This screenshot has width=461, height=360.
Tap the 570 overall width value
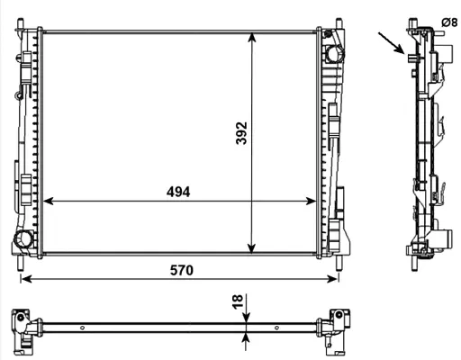pos(181,269)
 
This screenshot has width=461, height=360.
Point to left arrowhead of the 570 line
pos(25,279)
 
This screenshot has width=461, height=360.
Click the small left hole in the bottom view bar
pos(83,328)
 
